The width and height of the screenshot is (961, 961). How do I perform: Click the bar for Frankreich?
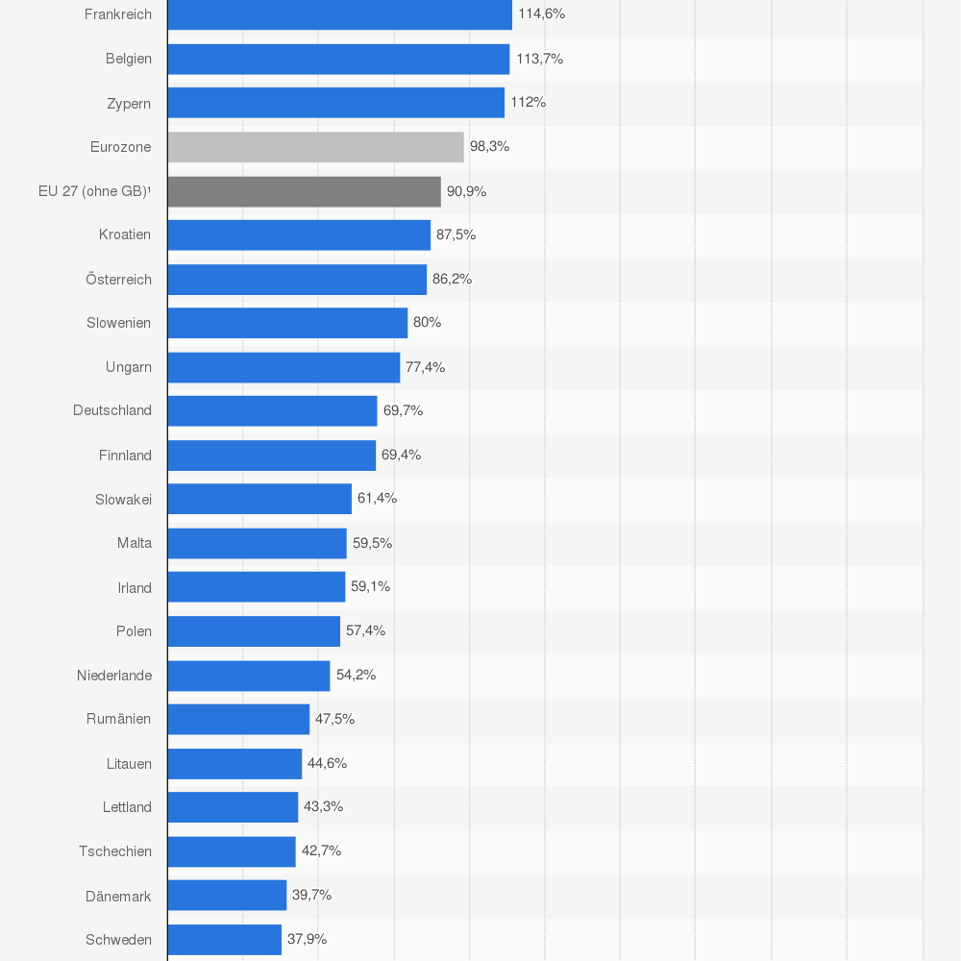(339, 14)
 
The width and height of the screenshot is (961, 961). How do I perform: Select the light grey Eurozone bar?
(315, 147)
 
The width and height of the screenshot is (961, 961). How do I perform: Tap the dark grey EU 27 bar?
(304, 191)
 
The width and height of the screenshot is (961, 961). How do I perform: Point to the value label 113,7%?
(539, 59)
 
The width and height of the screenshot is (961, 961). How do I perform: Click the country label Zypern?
(129, 103)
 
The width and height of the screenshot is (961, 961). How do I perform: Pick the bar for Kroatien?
(299, 235)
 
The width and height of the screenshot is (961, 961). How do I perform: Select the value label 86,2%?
(452, 279)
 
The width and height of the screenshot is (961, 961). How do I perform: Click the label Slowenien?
(118, 323)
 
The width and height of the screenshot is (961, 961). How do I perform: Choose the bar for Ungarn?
(283, 367)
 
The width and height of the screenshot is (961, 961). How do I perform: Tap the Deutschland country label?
(112, 410)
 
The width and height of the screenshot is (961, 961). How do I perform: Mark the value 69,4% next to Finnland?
(401, 455)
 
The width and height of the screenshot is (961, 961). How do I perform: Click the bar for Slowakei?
(259, 499)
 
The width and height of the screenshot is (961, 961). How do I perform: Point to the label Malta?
(135, 543)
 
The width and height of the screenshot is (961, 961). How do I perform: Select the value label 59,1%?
(370, 586)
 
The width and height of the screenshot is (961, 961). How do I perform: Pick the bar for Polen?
(254, 631)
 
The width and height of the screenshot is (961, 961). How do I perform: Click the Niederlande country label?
(114, 676)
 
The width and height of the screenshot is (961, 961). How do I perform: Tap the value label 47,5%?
(334, 719)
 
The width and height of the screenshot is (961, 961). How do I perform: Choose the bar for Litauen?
(234, 764)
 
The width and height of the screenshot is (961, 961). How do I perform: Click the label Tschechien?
(115, 851)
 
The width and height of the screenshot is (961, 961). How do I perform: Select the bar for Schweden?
(224, 940)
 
